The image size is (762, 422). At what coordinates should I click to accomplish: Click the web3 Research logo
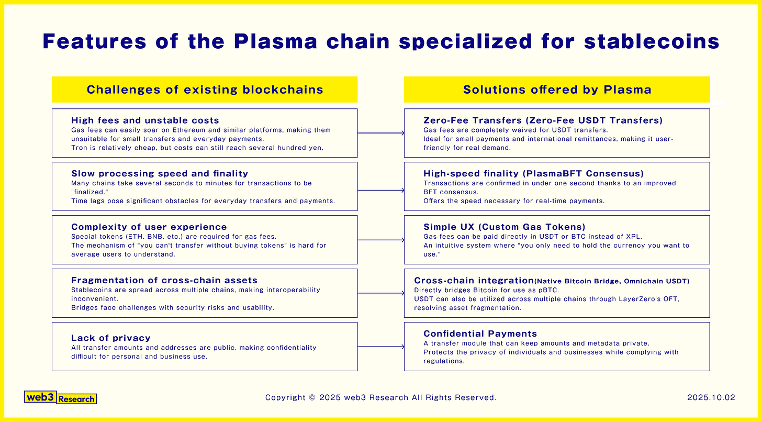pyautogui.click(x=61, y=398)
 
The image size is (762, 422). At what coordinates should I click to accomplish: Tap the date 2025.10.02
pyautogui.click(x=711, y=398)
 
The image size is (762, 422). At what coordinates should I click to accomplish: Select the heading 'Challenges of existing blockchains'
pyautogui.click(x=205, y=90)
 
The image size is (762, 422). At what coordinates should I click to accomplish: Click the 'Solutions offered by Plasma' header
pyautogui.click(x=557, y=90)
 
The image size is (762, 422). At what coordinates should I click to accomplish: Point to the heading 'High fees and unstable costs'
pyautogui.click(x=145, y=120)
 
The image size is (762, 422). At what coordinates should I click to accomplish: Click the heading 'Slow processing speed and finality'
pyautogui.click(x=160, y=173)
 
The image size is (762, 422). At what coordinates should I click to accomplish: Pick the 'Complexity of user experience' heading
pyautogui.click(x=149, y=227)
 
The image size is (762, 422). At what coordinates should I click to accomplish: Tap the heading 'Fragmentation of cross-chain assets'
pyautogui.click(x=164, y=280)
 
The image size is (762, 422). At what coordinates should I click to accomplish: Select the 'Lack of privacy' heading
pyautogui.click(x=111, y=338)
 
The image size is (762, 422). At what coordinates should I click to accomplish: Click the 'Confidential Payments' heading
pyautogui.click(x=480, y=334)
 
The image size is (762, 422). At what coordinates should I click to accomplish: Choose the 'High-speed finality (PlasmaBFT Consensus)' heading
pyautogui.click(x=533, y=173)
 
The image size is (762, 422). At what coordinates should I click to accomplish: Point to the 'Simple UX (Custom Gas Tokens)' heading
pyautogui.click(x=505, y=227)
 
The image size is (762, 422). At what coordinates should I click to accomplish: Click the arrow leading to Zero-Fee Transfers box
pyautogui.click(x=380, y=133)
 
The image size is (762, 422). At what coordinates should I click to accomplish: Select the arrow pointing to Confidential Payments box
pyautogui.click(x=380, y=347)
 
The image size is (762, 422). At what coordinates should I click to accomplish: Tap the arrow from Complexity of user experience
pyautogui.click(x=380, y=240)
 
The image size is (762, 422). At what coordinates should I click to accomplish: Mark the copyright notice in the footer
pyautogui.click(x=380, y=398)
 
